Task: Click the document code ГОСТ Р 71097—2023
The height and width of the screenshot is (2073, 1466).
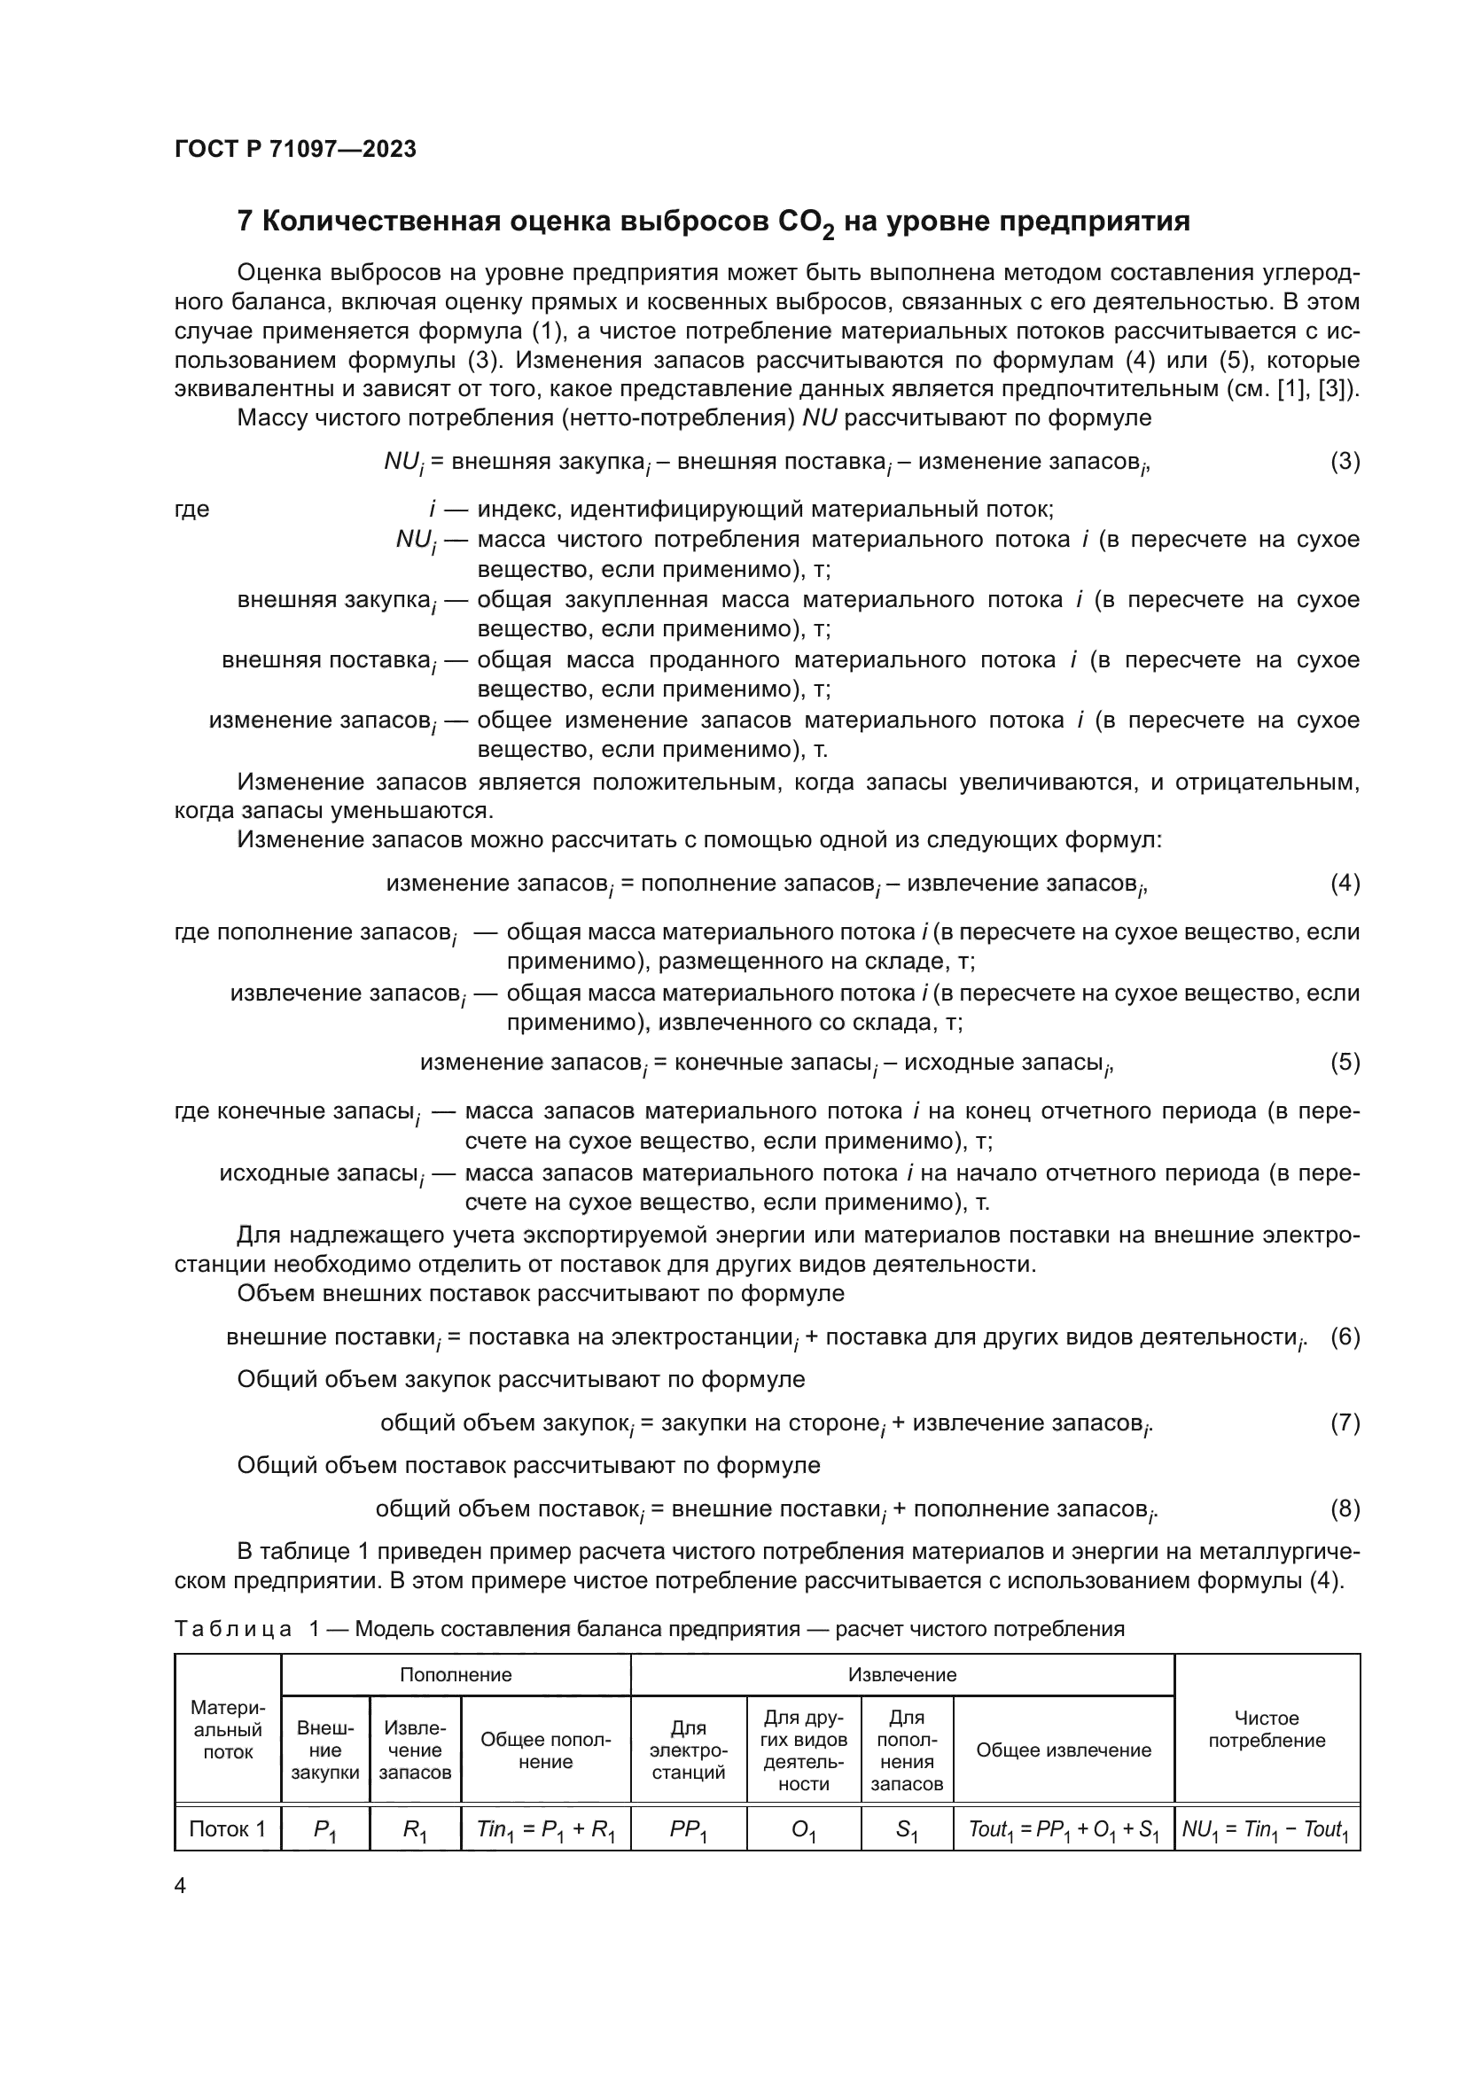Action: pyautogui.click(x=295, y=150)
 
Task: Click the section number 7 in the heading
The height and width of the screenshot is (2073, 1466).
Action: pyautogui.click(x=245, y=222)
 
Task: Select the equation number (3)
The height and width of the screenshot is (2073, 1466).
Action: pyautogui.click(x=1345, y=462)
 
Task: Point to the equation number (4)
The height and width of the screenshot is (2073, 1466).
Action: pyautogui.click(x=1345, y=883)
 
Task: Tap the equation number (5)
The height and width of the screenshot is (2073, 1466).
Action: pyautogui.click(x=1345, y=1062)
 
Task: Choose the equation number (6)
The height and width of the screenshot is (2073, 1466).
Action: pyautogui.click(x=1345, y=1337)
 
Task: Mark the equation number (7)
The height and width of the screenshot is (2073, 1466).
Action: pyautogui.click(x=1345, y=1423)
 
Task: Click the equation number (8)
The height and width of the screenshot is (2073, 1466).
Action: pyautogui.click(x=1345, y=1508)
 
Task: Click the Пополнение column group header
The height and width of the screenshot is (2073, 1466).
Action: pyautogui.click(x=456, y=1675)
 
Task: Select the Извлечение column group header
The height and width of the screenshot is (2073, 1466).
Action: pyautogui.click(x=901, y=1675)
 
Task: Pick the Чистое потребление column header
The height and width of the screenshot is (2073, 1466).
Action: pyautogui.click(x=1267, y=1729)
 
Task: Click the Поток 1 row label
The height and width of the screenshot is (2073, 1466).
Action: pyautogui.click(x=228, y=1829)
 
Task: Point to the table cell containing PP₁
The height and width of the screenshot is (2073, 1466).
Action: pyautogui.click(x=689, y=1830)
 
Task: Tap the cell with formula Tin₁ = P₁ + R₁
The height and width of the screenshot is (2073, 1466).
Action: pyautogui.click(x=545, y=1830)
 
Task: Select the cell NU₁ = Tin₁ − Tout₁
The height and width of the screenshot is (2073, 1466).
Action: pyautogui.click(x=1266, y=1830)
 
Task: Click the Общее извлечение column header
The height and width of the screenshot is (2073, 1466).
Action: pyautogui.click(x=1064, y=1750)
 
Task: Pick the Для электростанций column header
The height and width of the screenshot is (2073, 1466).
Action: pyautogui.click(x=689, y=1750)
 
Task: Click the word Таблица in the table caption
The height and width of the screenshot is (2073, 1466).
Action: pyautogui.click(x=233, y=1629)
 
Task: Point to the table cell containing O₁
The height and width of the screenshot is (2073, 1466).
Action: pyautogui.click(x=803, y=1830)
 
